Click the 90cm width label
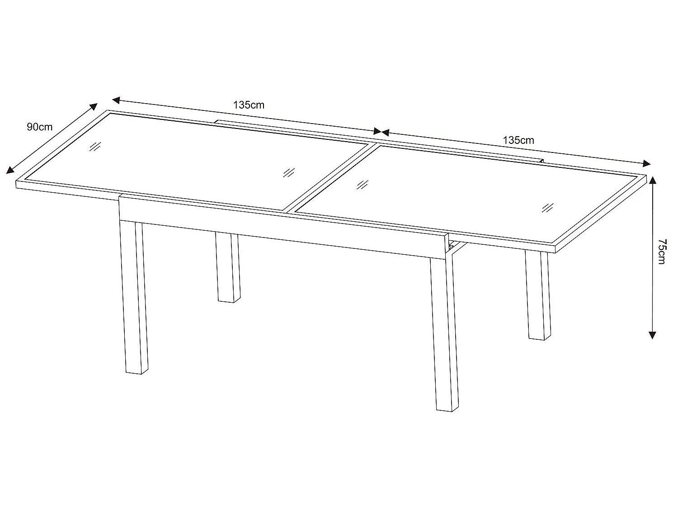coord(39,127)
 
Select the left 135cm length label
coord(249,105)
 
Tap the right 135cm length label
coord(518,140)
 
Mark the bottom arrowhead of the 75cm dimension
coord(651,335)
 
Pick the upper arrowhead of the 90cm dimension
coord(93,107)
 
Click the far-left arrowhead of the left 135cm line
coord(116,99)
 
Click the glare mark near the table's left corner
coord(94,147)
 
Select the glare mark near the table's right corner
coord(548,208)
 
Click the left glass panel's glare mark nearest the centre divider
coord(288,172)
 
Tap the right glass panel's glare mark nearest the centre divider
coord(362,184)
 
